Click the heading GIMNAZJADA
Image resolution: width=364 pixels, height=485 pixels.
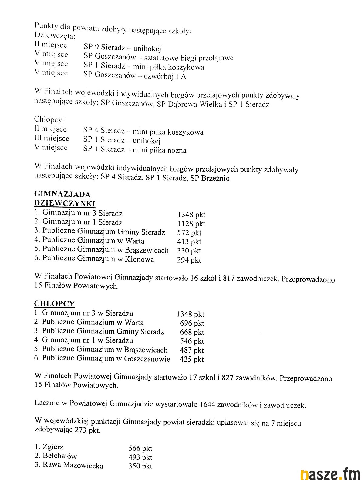tap(62, 194)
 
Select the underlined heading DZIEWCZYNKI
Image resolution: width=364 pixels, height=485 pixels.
tap(65, 203)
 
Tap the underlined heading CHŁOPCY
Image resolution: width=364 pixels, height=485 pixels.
tap(54, 304)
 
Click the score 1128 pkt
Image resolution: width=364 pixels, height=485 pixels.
tap(191, 224)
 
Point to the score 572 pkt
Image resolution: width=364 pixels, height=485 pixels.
tap(189, 233)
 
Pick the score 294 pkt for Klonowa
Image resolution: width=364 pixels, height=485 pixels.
tap(189, 260)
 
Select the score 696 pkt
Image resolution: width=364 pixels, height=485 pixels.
tap(192, 323)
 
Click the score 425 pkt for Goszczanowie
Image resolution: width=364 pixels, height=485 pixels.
tap(192, 360)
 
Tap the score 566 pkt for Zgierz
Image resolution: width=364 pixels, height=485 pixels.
tap(140, 448)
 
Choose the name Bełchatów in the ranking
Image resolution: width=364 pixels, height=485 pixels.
tap(60, 456)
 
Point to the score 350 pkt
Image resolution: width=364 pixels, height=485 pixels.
tap(140, 466)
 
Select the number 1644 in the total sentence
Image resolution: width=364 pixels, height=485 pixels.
tap(207, 404)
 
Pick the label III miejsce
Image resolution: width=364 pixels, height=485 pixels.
tap(52, 139)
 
